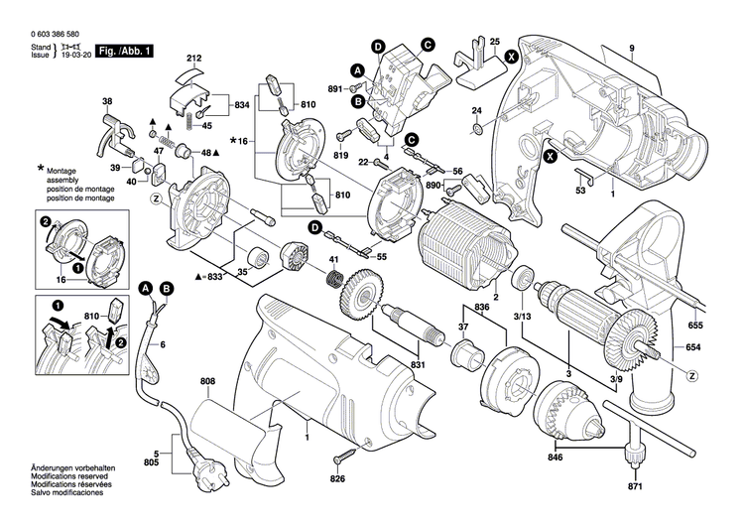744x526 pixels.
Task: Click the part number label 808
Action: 207,381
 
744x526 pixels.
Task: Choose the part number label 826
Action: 338,480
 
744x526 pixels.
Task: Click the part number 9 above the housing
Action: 631,49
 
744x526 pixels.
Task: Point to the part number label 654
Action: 693,347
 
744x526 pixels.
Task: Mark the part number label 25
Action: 494,41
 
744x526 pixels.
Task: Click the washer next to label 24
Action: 477,129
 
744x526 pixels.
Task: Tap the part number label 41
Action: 334,260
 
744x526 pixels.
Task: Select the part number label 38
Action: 107,101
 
